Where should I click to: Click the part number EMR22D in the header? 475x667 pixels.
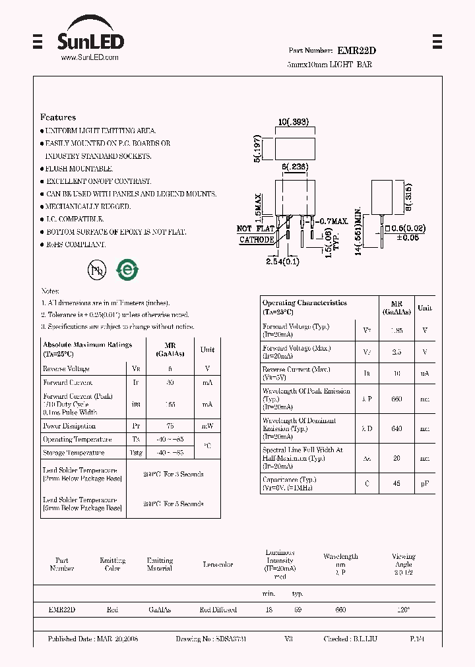(x=357, y=51)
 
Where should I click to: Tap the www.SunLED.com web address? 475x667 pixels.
(x=90, y=58)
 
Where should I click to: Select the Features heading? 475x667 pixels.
(x=58, y=117)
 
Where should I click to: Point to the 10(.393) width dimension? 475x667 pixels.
(x=294, y=123)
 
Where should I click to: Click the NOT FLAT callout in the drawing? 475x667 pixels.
(x=255, y=229)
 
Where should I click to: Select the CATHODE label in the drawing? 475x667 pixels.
(x=256, y=240)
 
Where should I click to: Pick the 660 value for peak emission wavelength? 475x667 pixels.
(x=397, y=399)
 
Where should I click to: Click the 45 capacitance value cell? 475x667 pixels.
(x=397, y=484)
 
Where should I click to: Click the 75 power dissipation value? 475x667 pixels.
(x=170, y=426)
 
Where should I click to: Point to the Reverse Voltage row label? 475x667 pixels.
(x=66, y=369)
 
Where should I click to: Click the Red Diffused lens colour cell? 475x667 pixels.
(x=218, y=610)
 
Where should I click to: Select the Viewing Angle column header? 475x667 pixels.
(x=403, y=560)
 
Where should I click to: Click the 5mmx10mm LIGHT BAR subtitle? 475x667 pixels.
(x=330, y=65)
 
